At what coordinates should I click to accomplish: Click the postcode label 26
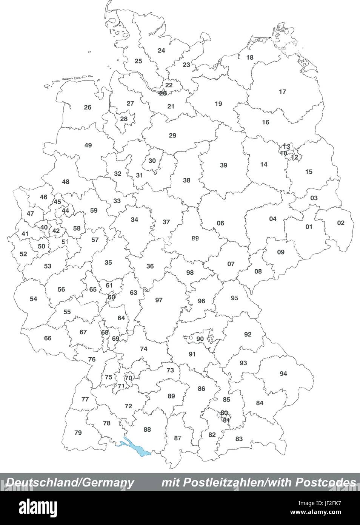click(88, 107)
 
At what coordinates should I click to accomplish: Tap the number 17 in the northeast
click(282, 92)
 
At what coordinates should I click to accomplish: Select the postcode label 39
click(224, 165)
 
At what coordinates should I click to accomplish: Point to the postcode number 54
click(34, 299)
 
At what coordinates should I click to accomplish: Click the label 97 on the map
click(159, 300)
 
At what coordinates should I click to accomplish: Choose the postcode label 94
click(283, 374)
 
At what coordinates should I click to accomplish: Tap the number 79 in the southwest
click(78, 432)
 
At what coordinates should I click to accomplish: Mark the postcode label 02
click(341, 223)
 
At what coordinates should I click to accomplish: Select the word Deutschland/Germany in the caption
click(70, 482)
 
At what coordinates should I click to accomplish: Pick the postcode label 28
click(124, 119)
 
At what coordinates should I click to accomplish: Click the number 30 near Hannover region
click(152, 161)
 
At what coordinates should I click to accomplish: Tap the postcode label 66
click(48, 338)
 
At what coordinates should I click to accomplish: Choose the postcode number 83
click(239, 439)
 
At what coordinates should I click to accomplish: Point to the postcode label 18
click(250, 57)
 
